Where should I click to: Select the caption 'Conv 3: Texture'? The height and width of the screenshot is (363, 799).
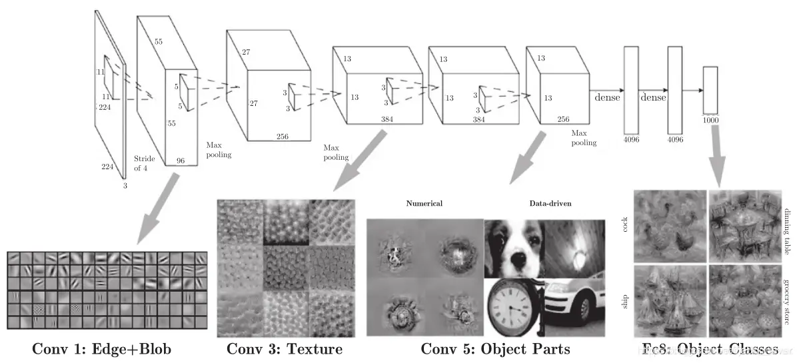[x=285, y=349]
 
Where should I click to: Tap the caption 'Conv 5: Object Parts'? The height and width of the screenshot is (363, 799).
[x=495, y=349]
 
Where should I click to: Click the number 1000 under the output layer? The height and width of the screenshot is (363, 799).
[x=710, y=121]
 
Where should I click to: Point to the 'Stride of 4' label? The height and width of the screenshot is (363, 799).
[x=145, y=163]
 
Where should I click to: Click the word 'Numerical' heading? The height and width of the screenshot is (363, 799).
[x=424, y=203]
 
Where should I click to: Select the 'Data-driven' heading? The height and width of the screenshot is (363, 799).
[x=550, y=203]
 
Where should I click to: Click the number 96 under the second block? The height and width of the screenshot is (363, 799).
[x=180, y=161]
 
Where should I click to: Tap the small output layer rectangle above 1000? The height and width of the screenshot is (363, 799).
[x=710, y=90]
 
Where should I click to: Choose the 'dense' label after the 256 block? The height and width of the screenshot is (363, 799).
[x=606, y=97]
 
